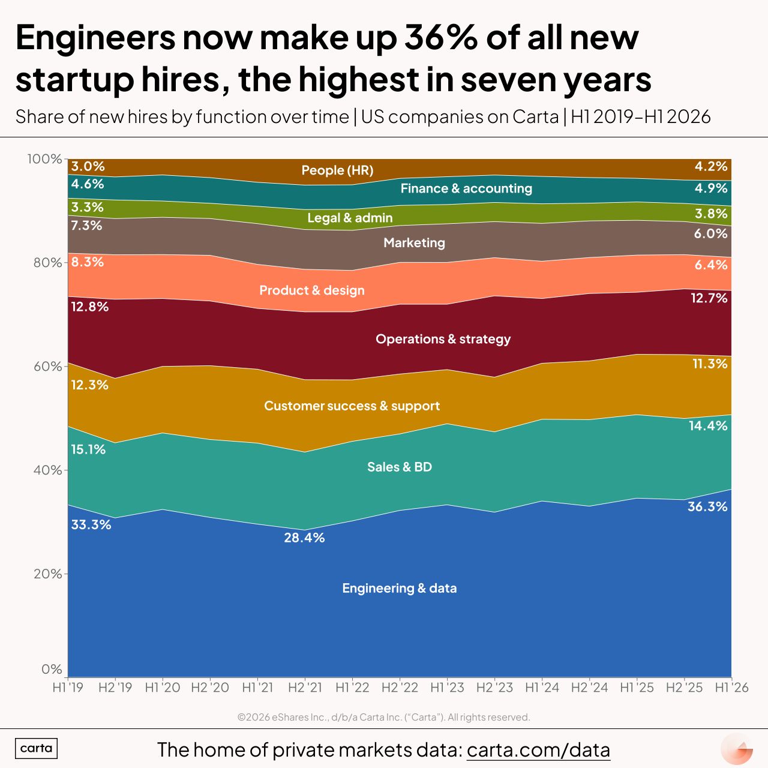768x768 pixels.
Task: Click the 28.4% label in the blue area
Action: coord(304,538)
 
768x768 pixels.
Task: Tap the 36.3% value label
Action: coord(707,506)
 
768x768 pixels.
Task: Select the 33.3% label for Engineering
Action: coord(91,524)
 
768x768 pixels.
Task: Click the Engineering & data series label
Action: coord(400,588)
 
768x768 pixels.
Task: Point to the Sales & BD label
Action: coord(400,467)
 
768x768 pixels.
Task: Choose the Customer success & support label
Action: coord(352,406)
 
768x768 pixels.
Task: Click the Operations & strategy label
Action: coord(443,339)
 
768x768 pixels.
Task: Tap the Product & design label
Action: coord(312,290)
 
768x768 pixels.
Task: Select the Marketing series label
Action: coord(414,243)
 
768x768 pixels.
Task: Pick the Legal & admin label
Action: coord(350,218)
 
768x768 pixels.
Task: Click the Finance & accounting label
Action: coord(466,188)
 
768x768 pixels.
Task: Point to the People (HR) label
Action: coord(338,170)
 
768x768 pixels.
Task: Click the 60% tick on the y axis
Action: coord(47,366)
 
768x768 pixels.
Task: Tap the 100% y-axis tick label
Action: coord(44,159)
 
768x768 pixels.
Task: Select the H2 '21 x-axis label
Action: coord(305,688)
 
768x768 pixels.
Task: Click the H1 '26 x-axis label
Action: coord(732,688)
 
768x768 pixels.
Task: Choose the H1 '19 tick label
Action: coord(68,688)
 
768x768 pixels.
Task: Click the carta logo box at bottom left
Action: coord(36,748)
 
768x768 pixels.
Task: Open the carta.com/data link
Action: coord(538,749)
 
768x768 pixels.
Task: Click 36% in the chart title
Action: coord(441,38)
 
